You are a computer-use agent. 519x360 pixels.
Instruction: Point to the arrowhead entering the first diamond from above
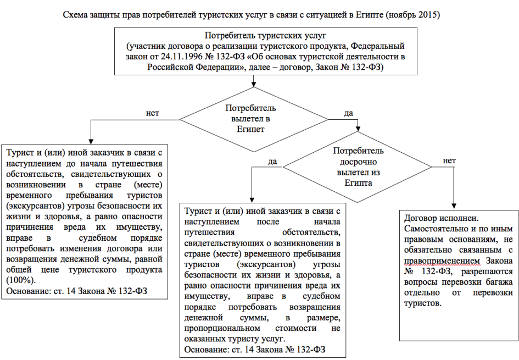pos(254,84)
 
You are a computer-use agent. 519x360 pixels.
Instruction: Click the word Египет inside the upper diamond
pos(250,129)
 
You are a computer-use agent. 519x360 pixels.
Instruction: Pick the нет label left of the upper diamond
pos(152,113)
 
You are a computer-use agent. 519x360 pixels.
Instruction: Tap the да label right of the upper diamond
pos(349,113)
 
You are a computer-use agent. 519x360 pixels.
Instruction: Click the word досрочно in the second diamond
pos(358,162)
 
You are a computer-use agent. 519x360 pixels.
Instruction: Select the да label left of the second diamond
pos(272,162)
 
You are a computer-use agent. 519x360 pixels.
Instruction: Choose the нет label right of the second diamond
pos(449,161)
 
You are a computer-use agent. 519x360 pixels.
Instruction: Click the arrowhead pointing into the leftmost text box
pos(91,141)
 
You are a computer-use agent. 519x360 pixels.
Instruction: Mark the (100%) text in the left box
pos(21,280)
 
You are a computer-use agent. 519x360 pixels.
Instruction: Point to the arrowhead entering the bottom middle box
pos(252,200)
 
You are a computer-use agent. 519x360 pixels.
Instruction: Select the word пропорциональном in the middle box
pos(222,329)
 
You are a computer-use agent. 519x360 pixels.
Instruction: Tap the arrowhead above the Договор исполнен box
pos(454,206)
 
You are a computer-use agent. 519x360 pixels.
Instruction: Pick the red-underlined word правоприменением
pos(442,261)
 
